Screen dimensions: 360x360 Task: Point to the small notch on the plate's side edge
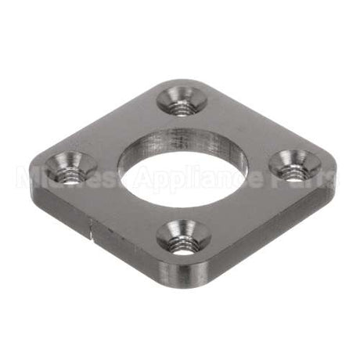93,228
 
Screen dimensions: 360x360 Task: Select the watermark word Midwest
74,179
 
